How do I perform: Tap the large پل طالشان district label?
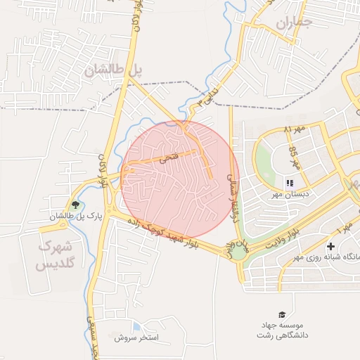click(x=113, y=69)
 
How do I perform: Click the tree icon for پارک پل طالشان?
click(x=75, y=205)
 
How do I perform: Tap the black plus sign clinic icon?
click(x=331, y=246)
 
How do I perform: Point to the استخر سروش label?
click(x=138, y=338)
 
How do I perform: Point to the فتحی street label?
click(x=168, y=159)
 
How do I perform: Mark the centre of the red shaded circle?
click(x=181, y=179)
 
